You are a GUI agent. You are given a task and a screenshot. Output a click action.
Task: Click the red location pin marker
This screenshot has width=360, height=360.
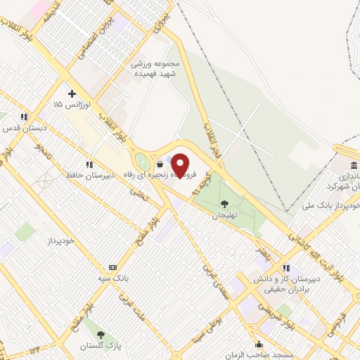pyautogui.click(x=181, y=165)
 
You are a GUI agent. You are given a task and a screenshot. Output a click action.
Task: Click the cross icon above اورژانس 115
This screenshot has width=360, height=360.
pyautogui.click(x=72, y=94)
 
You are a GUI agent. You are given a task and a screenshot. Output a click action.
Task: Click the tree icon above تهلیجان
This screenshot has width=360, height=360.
pyautogui.click(x=224, y=204)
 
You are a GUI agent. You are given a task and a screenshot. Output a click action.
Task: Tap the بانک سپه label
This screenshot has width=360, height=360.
pyautogui.click(x=112, y=278)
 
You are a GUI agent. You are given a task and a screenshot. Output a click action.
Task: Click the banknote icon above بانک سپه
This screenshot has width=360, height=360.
pyautogui.click(x=112, y=268)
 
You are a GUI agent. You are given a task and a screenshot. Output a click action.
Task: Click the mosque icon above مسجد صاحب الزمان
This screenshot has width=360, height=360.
pyautogui.click(x=259, y=344)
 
